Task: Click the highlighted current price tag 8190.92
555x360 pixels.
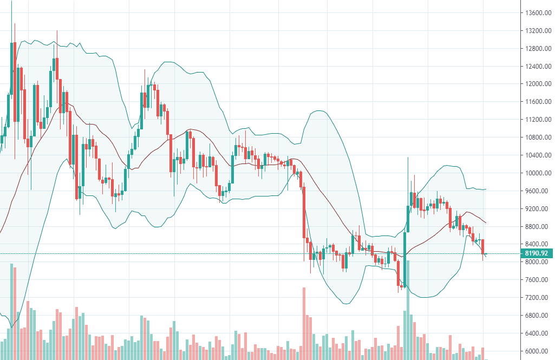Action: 536,253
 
